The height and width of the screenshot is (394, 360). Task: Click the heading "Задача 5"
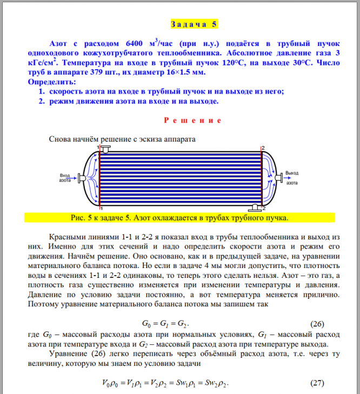coord(195,25)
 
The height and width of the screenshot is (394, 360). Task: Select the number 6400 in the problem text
coord(135,44)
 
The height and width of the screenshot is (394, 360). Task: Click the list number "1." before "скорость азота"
coord(41,91)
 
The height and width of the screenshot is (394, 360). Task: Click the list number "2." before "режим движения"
coord(41,101)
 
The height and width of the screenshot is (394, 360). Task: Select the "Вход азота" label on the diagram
coord(66,178)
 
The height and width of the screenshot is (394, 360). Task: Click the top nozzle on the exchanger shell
coord(105,148)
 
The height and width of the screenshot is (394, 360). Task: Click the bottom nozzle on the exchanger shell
coord(254,206)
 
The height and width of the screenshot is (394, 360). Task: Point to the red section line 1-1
coord(100,177)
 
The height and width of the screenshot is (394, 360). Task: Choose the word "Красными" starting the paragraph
coord(67,237)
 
